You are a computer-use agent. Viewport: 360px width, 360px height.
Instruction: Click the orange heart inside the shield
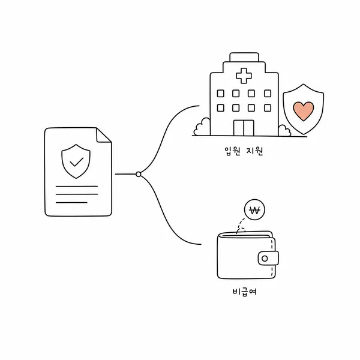pyautogui.click(x=303, y=111)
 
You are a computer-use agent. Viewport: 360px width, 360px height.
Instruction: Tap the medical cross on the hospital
pyautogui.click(x=244, y=76)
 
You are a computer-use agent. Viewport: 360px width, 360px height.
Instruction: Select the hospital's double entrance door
pyautogui.click(x=244, y=128)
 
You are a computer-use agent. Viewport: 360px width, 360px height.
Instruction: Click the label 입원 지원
pyautogui.click(x=244, y=151)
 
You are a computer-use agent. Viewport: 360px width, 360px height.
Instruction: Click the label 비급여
pyautogui.click(x=244, y=292)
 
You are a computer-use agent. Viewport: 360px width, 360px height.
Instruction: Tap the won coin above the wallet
pyautogui.click(x=254, y=210)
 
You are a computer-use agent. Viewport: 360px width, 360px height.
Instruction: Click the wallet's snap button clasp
pyautogui.click(x=268, y=258)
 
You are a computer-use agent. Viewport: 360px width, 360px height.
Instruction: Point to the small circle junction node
pyautogui.click(x=138, y=174)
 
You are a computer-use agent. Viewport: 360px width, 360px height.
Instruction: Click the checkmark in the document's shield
pyautogui.click(x=77, y=162)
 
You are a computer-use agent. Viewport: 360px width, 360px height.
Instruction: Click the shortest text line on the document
pyautogui.click(x=71, y=203)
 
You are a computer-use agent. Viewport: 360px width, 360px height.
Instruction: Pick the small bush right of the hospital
pyautogui.click(x=284, y=130)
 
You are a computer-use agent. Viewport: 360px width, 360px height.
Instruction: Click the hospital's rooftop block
pyautogui.click(x=244, y=57)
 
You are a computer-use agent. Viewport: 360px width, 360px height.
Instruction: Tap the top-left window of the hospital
pyautogui.click(x=221, y=94)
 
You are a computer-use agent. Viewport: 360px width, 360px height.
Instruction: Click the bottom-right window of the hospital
pyautogui.click(x=268, y=108)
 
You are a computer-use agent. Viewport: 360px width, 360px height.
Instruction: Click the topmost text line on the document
pyautogui.click(x=77, y=187)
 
